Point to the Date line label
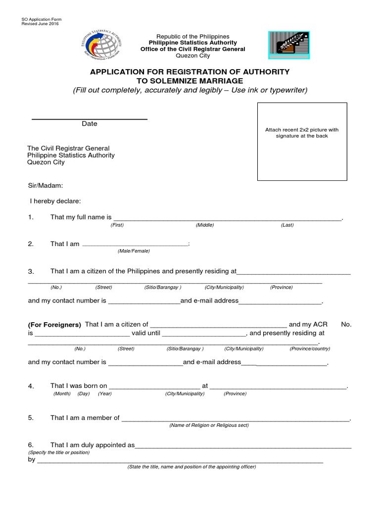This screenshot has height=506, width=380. pyautogui.click(x=90, y=124)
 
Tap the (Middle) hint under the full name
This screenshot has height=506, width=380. pyautogui.click(x=204, y=225)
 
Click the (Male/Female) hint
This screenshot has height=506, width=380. pyautogui.click(x=134, y=251)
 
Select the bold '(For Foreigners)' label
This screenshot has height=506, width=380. pyautogui.click(x=54, y=325)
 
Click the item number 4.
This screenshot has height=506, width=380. pyautogui.click(x=31, y=386)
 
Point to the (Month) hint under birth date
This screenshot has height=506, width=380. pyautogui.click(x=62, y=394)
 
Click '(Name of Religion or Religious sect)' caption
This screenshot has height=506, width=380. pyautogui.click(x=209, y=425)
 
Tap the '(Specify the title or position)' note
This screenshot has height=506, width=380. pyautogui.click(x=59, y=453)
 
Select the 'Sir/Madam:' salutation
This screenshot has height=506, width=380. pyautogui.click(x=45, y=186)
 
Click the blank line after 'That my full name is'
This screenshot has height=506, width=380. pyautogui.click(x=228, y=218)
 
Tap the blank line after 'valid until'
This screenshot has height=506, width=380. pyautogui.click(x=204, y=334)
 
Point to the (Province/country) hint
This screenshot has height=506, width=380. pyautogui.click(x=310, y=348)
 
